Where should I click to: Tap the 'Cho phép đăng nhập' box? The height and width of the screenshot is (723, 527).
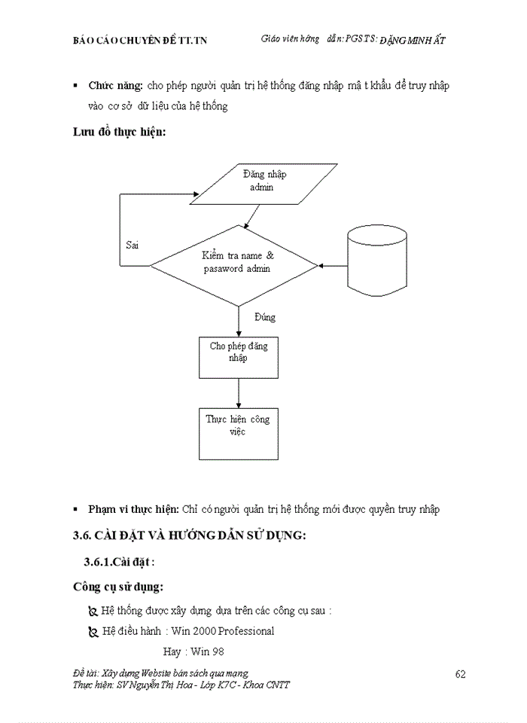238,353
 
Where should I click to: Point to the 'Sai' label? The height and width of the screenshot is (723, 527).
132,246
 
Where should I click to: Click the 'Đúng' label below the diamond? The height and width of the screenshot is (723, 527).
264,317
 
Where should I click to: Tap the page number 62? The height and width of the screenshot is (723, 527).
461,673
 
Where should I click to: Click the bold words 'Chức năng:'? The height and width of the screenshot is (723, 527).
116,87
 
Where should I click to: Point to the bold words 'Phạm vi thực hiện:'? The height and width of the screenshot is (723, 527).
133,509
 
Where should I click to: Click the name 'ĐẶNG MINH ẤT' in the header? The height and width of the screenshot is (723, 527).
413,40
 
